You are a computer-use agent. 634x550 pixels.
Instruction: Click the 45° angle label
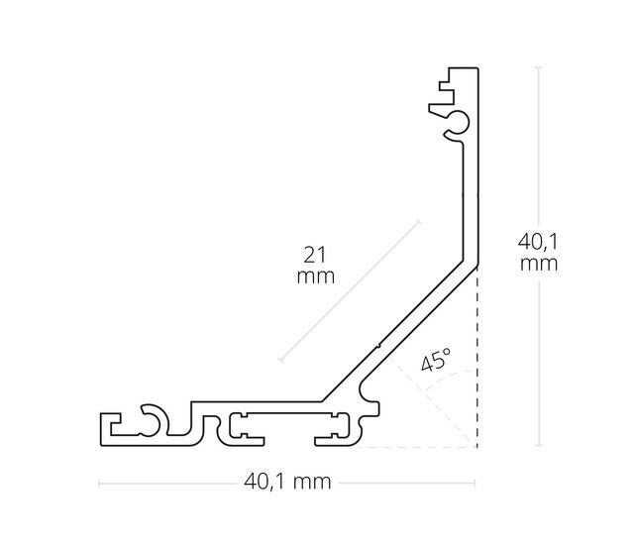pyautogui.click(x=436, y=360)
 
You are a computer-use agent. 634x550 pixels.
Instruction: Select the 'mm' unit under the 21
pyautogui.click(x=315, y=276)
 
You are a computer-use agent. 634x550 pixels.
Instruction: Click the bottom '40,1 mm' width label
pyautogui.click(x=287, y=483)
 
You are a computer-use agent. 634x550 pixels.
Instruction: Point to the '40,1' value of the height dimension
pyautogui.click(x=537, y=241)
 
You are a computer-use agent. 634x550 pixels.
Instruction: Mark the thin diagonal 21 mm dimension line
pyautogui.click(x=351, y=289)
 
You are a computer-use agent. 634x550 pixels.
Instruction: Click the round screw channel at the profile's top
pyautogui.click(x=457, y=123)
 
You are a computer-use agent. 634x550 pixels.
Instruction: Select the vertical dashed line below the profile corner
pyautogui.click(x=477, y=357)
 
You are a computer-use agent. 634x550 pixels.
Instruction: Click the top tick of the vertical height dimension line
pyautogui.click(x=538, y=66)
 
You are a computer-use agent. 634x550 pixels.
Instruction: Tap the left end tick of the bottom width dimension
pyautogui.click(x=99, y=483)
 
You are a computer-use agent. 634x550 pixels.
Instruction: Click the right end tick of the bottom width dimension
pyautogui.click(x=477, y=483)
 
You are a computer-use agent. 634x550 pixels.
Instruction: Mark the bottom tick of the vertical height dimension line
pyautogui.click(x=538, y=447)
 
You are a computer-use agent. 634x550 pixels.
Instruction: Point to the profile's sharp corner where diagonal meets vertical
pyautogui.click(x=477, y=266)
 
